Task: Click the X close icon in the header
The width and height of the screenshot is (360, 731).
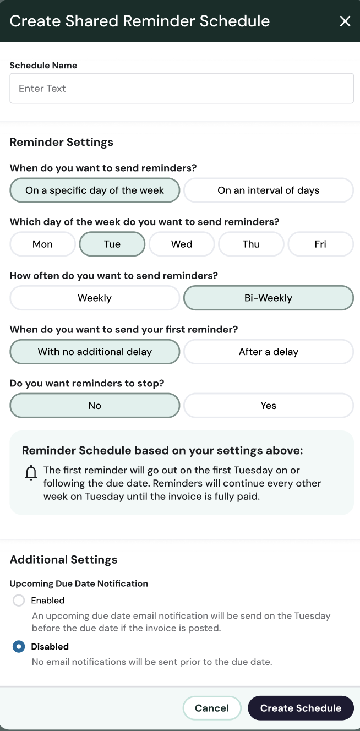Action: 345,21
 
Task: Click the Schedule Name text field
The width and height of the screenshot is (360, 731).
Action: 182,89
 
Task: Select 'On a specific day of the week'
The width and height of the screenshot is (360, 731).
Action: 95,190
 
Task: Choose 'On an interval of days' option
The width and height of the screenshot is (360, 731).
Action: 269,190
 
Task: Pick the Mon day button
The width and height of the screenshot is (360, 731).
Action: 42,244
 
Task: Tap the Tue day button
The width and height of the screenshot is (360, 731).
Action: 112,244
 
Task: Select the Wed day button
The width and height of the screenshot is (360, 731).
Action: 182,244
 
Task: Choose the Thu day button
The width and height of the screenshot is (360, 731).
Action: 251,244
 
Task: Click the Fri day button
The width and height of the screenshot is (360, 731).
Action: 320,244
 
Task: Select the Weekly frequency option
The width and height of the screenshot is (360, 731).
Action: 95,298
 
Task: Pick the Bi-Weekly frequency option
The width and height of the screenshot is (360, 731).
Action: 269,298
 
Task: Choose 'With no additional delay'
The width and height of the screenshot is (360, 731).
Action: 95,352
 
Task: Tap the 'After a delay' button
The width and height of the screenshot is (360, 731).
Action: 269,352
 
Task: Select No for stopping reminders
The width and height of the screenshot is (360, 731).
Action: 95,406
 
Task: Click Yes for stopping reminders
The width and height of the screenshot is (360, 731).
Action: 269,406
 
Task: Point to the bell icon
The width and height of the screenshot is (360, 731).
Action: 31,473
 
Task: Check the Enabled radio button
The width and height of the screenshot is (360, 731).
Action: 19,601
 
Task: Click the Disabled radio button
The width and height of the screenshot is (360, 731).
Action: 19,647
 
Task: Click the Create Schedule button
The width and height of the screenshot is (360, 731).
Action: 301,708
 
